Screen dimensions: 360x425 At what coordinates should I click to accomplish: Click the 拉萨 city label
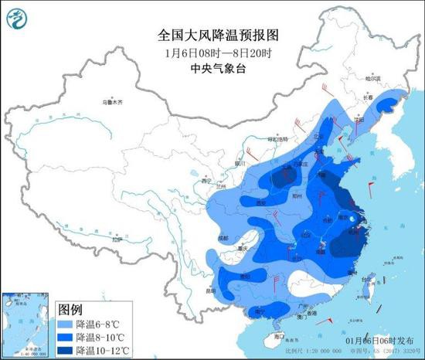click(x=116, y=240)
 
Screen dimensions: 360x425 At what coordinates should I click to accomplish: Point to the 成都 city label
click(x=223, y=239)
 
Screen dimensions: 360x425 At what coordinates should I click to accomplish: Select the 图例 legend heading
click(x=72, y=311)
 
